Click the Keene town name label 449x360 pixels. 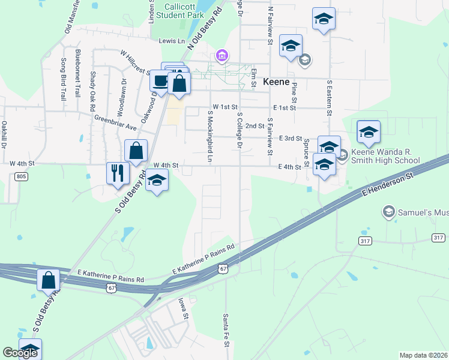tap(276, 82)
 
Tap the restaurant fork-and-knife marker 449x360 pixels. tap(118, 173)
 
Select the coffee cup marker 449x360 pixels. tap(160, 80)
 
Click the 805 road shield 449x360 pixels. tap(22, 176)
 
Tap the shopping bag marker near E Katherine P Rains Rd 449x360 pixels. tap(48, 280)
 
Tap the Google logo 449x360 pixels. tap(20, 353)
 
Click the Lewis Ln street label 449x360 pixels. tap(172, 41)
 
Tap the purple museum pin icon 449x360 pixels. tap(221, 56)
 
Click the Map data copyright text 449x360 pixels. tap(424, 355)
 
